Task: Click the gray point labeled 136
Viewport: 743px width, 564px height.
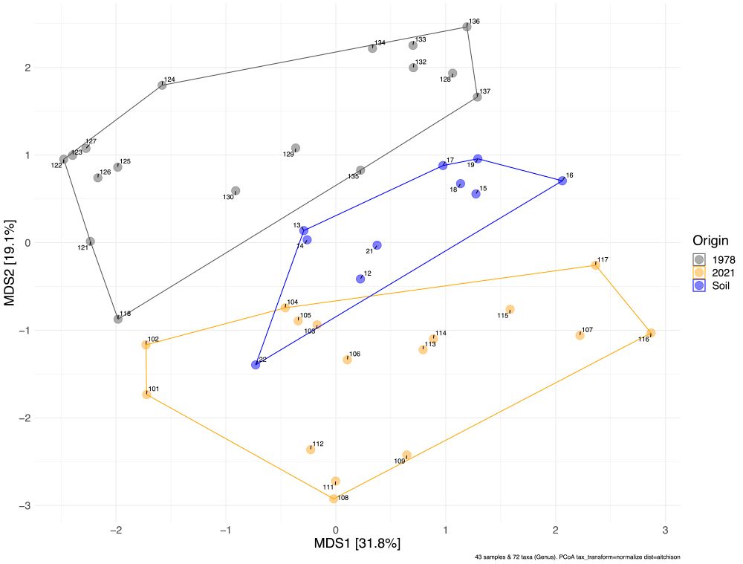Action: tap(467, 27)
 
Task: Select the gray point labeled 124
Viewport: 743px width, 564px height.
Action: tap(162, 85)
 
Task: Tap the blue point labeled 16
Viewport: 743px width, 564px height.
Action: tap(562, 181)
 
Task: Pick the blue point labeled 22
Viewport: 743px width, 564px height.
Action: tap(256, 365)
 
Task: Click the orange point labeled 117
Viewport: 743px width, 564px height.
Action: tap(595, 265)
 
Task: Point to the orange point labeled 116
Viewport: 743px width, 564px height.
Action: tap(651, 333)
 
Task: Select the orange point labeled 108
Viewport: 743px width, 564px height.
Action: tap(334, 499)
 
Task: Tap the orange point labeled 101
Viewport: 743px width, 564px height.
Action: tap(146, 395)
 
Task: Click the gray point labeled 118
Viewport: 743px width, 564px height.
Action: tap(118, 319)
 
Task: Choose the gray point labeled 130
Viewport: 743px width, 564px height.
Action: tap(236, 191)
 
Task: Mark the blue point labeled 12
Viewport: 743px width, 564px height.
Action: tap(360, 279)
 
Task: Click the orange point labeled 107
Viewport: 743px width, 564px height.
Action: tap(580, 335)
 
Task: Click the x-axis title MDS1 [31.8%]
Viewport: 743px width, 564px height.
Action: tap(357, 543)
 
